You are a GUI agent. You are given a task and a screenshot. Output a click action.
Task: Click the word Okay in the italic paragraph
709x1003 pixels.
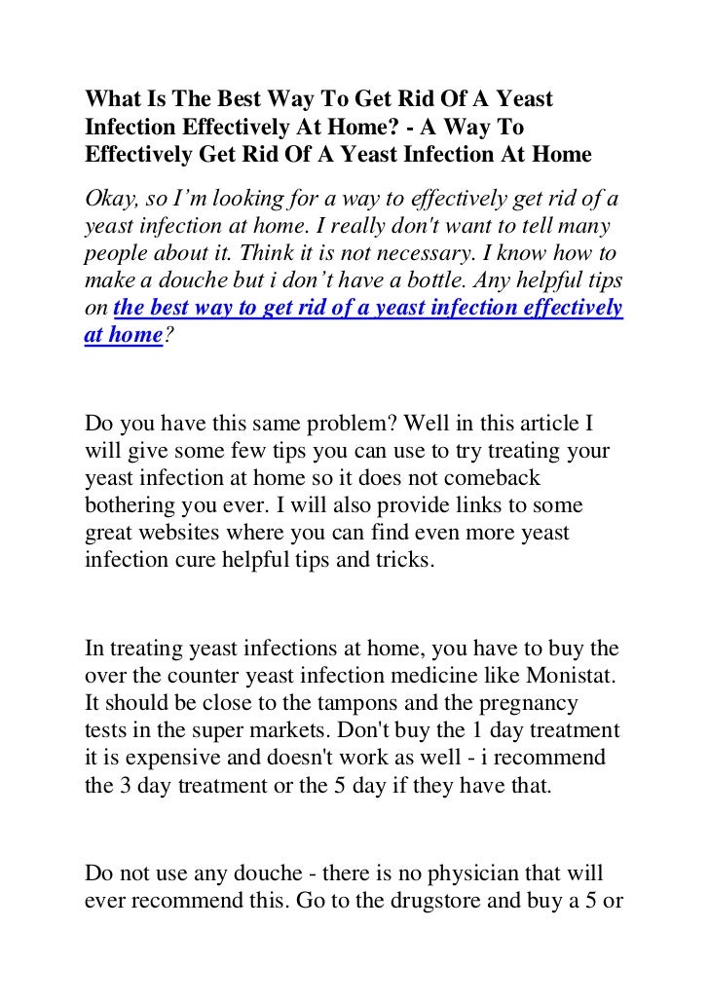point(109,201)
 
